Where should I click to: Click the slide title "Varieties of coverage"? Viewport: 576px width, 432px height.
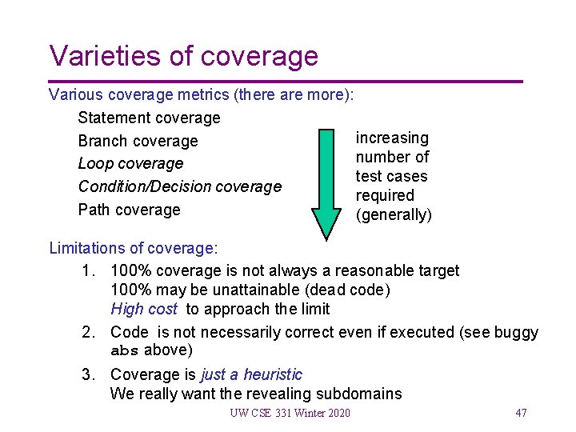183,56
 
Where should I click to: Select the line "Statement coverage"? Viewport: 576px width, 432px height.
149,118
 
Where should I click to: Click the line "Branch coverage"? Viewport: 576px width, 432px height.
138,141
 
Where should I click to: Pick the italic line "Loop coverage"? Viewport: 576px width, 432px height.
130,163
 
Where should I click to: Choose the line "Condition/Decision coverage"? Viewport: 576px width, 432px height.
179,186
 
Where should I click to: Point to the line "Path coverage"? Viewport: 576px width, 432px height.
129,210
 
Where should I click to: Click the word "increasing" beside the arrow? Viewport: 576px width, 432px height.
392,138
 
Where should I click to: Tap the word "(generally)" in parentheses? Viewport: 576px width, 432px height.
394,215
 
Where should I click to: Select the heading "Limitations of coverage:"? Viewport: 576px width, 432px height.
133,248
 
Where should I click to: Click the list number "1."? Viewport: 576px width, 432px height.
90,270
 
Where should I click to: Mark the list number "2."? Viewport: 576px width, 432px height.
90,332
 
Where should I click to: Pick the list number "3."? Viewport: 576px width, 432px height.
90,374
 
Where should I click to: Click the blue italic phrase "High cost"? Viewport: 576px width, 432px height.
144,309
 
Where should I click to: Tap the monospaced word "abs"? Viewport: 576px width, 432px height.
125,350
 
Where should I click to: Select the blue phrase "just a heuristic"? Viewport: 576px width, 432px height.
251,374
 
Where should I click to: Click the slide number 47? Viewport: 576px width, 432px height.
521,413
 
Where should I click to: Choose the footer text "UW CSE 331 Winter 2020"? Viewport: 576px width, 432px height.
290,413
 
